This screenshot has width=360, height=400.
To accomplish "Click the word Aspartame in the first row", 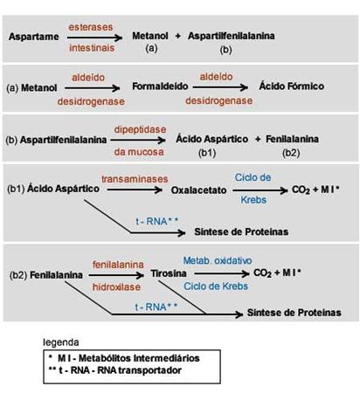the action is click(34, 37).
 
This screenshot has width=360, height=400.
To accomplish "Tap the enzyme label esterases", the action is click(91, 27).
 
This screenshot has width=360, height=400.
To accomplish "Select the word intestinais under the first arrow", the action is click(92, 48).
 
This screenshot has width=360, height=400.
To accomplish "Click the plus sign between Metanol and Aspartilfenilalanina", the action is click(178, 36).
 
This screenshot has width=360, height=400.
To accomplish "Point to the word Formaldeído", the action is click(160, 86).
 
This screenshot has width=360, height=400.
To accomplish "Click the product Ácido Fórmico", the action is click(292, 86).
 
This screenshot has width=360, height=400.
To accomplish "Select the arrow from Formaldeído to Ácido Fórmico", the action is click(220, 87).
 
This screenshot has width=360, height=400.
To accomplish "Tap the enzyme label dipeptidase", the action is click(140, 129).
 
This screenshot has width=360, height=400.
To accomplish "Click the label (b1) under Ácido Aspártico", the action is click(207, 153).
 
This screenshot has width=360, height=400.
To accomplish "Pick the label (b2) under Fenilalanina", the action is click(291, 153).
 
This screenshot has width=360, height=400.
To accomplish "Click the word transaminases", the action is click(135, 179).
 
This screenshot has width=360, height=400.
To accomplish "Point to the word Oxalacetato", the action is click(198, 190).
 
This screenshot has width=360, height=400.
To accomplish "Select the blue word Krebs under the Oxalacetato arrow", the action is click(253, 200).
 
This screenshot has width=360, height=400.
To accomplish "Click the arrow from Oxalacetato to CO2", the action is click(260, 190).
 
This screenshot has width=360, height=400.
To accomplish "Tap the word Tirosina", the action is click(169, 273).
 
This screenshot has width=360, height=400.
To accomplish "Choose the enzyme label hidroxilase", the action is click(116, 287).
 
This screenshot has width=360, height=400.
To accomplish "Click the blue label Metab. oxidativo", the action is click(218, 260).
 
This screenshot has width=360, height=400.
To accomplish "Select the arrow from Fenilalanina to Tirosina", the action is click(116, 275).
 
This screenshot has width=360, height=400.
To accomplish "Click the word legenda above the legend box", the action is click(61, 342).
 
